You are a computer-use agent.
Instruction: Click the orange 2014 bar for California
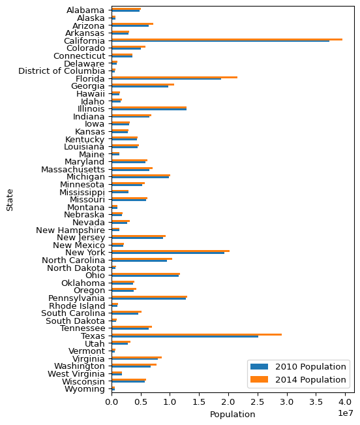tap(227, 40)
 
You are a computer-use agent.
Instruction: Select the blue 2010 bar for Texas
tap(185, 336)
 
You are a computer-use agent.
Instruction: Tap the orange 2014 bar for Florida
tap(175, 77)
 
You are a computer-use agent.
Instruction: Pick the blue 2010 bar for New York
tap(168, 253)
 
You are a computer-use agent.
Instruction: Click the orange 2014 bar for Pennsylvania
tap(149, 297)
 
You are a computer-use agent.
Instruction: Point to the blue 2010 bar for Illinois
tap(149, 110)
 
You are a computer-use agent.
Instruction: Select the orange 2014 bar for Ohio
tap(145, 274)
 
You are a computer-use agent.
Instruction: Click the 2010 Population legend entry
tap(298, 367)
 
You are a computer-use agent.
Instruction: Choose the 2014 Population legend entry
tap(298, 380)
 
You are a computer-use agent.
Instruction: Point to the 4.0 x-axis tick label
tap(345, 401)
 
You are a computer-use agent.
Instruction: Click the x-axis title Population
tap(233, 415)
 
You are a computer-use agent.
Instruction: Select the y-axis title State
tap(10, 200)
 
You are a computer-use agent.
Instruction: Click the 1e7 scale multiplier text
tap(346, 413)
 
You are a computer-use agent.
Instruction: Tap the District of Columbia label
tap(61, 71)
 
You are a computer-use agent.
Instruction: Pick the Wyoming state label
tap(84, 389)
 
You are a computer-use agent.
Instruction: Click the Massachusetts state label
tap(73, 170)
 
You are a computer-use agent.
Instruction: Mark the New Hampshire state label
tap(70, 230)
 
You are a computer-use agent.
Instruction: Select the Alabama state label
tap(85, 10)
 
